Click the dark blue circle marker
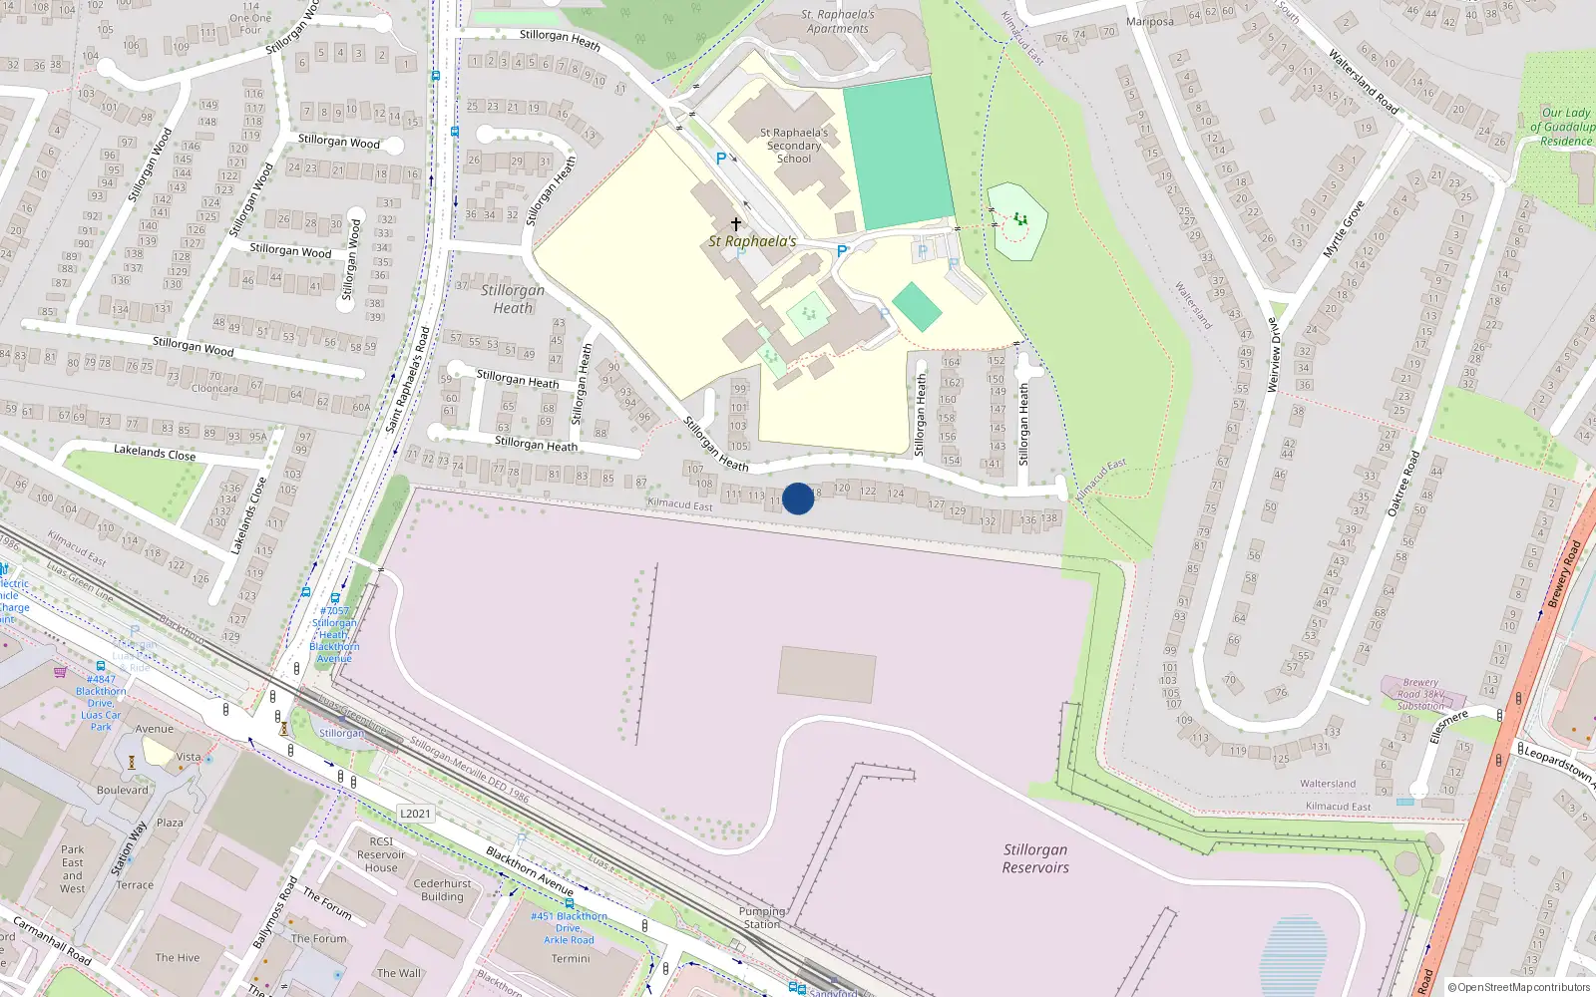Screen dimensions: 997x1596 (798, 498)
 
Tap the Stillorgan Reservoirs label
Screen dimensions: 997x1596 (1035, 858)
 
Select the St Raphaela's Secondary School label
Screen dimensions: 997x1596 (794, 146)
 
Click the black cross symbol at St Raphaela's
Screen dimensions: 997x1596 (736, 224)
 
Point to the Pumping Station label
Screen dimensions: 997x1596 (762, 918)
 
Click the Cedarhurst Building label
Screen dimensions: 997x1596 (442, 890)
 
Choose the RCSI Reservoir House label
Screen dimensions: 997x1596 (381, 854)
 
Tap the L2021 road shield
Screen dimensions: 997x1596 (415, 814)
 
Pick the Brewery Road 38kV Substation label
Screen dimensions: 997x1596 (1420, 694)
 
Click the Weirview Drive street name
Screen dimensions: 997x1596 (1273, 355)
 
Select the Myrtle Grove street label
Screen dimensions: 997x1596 (1343, 230)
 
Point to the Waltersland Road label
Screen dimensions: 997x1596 (1362, 81)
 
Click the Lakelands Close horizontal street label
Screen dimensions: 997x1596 (155, 453)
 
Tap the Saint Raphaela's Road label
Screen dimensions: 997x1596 (408, 380)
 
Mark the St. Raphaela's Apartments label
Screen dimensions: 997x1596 (838, 22)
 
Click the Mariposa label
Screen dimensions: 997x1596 (1149, 22)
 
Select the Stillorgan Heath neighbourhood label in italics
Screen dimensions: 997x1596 (513, 299)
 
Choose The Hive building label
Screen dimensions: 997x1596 (178, 958)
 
